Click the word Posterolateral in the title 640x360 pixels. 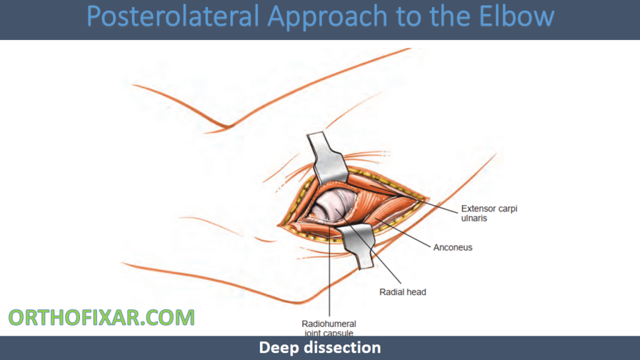[x=172, y=17]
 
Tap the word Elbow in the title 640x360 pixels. [x=516, y=16]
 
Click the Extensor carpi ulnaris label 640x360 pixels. [x=489, y=213]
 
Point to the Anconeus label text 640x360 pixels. [x=452, y=247]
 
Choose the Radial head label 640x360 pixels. [x=402, y=292]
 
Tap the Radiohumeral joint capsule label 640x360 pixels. [x=329, y=328]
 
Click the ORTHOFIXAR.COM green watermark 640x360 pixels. [x=102, y=317]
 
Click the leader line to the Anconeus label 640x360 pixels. [x=403, y=233]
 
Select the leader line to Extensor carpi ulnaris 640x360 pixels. [x=413, y=199]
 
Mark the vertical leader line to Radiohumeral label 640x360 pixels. [x=329, y=271]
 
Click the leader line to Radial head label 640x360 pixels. [x=368, y=246]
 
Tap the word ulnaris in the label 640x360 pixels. [x=474, y=218]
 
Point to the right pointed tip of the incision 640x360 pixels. [x=429, y=198]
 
